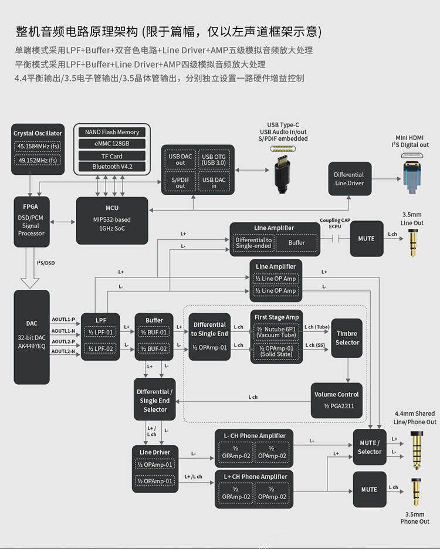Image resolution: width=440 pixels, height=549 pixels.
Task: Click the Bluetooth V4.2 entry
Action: coord(112,167)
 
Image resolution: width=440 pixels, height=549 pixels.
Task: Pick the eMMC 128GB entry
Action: coord(112,144)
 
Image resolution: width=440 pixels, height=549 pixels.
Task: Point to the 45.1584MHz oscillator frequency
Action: coord(38,146)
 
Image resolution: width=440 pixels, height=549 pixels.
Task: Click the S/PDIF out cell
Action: coord(180,182)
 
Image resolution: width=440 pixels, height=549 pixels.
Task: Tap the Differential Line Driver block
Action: coord(349,179)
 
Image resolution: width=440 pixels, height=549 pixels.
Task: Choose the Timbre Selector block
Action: coord(347,338)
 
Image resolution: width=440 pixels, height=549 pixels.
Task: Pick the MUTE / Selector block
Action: coord(369,448)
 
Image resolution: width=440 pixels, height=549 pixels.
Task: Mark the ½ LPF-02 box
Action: coord(100,348)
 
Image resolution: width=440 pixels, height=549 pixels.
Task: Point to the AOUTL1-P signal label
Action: coord(63,320)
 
